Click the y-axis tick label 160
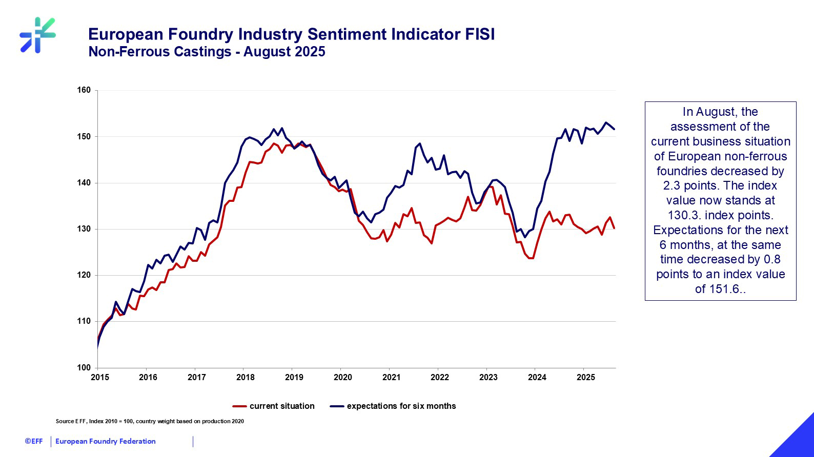84,90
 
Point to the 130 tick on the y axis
84,229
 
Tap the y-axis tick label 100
84,367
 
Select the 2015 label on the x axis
99,378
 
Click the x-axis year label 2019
294,378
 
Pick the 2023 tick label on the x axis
488,378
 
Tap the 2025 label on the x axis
585,378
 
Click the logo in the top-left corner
37,35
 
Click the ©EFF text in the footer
34,441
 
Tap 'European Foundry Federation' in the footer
105,441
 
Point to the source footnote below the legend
150,422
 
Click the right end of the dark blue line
614,129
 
